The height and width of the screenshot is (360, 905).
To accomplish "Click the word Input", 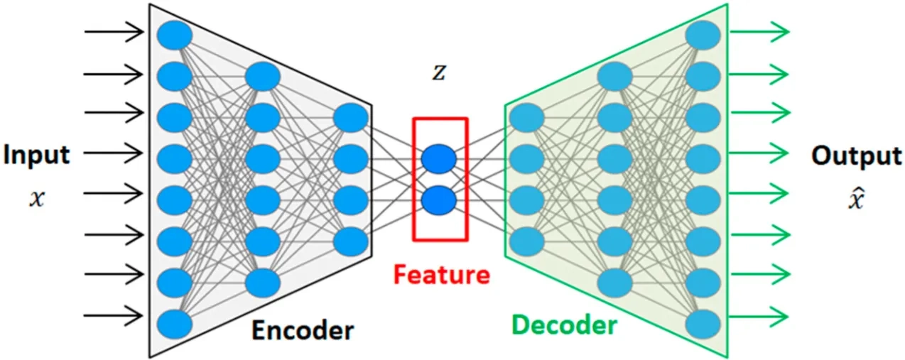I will click(37, 155).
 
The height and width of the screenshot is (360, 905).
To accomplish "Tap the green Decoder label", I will click(564, 326).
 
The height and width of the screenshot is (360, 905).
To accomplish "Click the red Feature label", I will click(442, 274).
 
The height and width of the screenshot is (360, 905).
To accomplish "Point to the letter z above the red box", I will click(440, 73).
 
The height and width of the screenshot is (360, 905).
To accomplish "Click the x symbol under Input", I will click(37, 199).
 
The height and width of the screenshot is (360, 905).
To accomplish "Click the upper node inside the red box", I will click(438, 159).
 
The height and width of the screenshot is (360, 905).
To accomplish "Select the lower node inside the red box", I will click(438, 200).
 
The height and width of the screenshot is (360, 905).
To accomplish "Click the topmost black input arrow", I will click(114, 31).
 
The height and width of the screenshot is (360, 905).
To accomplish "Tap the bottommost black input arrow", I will click(114, 315).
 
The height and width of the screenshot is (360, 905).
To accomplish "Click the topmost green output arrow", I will click(761, 31).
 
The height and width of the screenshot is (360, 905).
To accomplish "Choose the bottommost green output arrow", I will click(761, 315).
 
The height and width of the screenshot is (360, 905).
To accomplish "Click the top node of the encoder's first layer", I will click(175, 36).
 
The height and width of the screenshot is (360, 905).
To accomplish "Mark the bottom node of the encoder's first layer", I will click(175, 324).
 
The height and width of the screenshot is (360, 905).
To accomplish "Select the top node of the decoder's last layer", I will click(703, 36).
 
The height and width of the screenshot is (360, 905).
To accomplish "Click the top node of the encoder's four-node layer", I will click(351, 118).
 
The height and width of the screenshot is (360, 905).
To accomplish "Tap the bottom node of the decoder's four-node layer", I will click(526, 240).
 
